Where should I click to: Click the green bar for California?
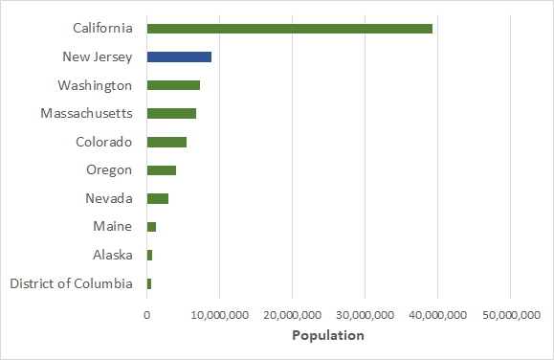[289, 29]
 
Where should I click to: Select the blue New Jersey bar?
[179, 56]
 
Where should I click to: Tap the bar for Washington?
[173, 85]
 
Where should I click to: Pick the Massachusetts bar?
[171, 114]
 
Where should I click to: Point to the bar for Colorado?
[166, 142]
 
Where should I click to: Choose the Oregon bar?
[162, 170]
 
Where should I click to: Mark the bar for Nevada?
[158, 198]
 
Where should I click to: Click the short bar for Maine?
[151, 227]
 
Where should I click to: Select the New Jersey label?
[97, 56]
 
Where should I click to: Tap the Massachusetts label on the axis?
[86, 114]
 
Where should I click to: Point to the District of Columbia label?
[71, 283]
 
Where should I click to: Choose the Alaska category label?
[112, 255]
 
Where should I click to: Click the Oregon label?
[109, 170]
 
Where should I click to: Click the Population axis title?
[328, 336]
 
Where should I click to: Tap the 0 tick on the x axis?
[147, 314]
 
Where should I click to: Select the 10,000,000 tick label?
[220, 314]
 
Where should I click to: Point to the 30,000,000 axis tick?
[366, 314]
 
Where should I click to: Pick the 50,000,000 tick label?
[510, 314]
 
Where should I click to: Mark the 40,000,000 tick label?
[437, 314]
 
